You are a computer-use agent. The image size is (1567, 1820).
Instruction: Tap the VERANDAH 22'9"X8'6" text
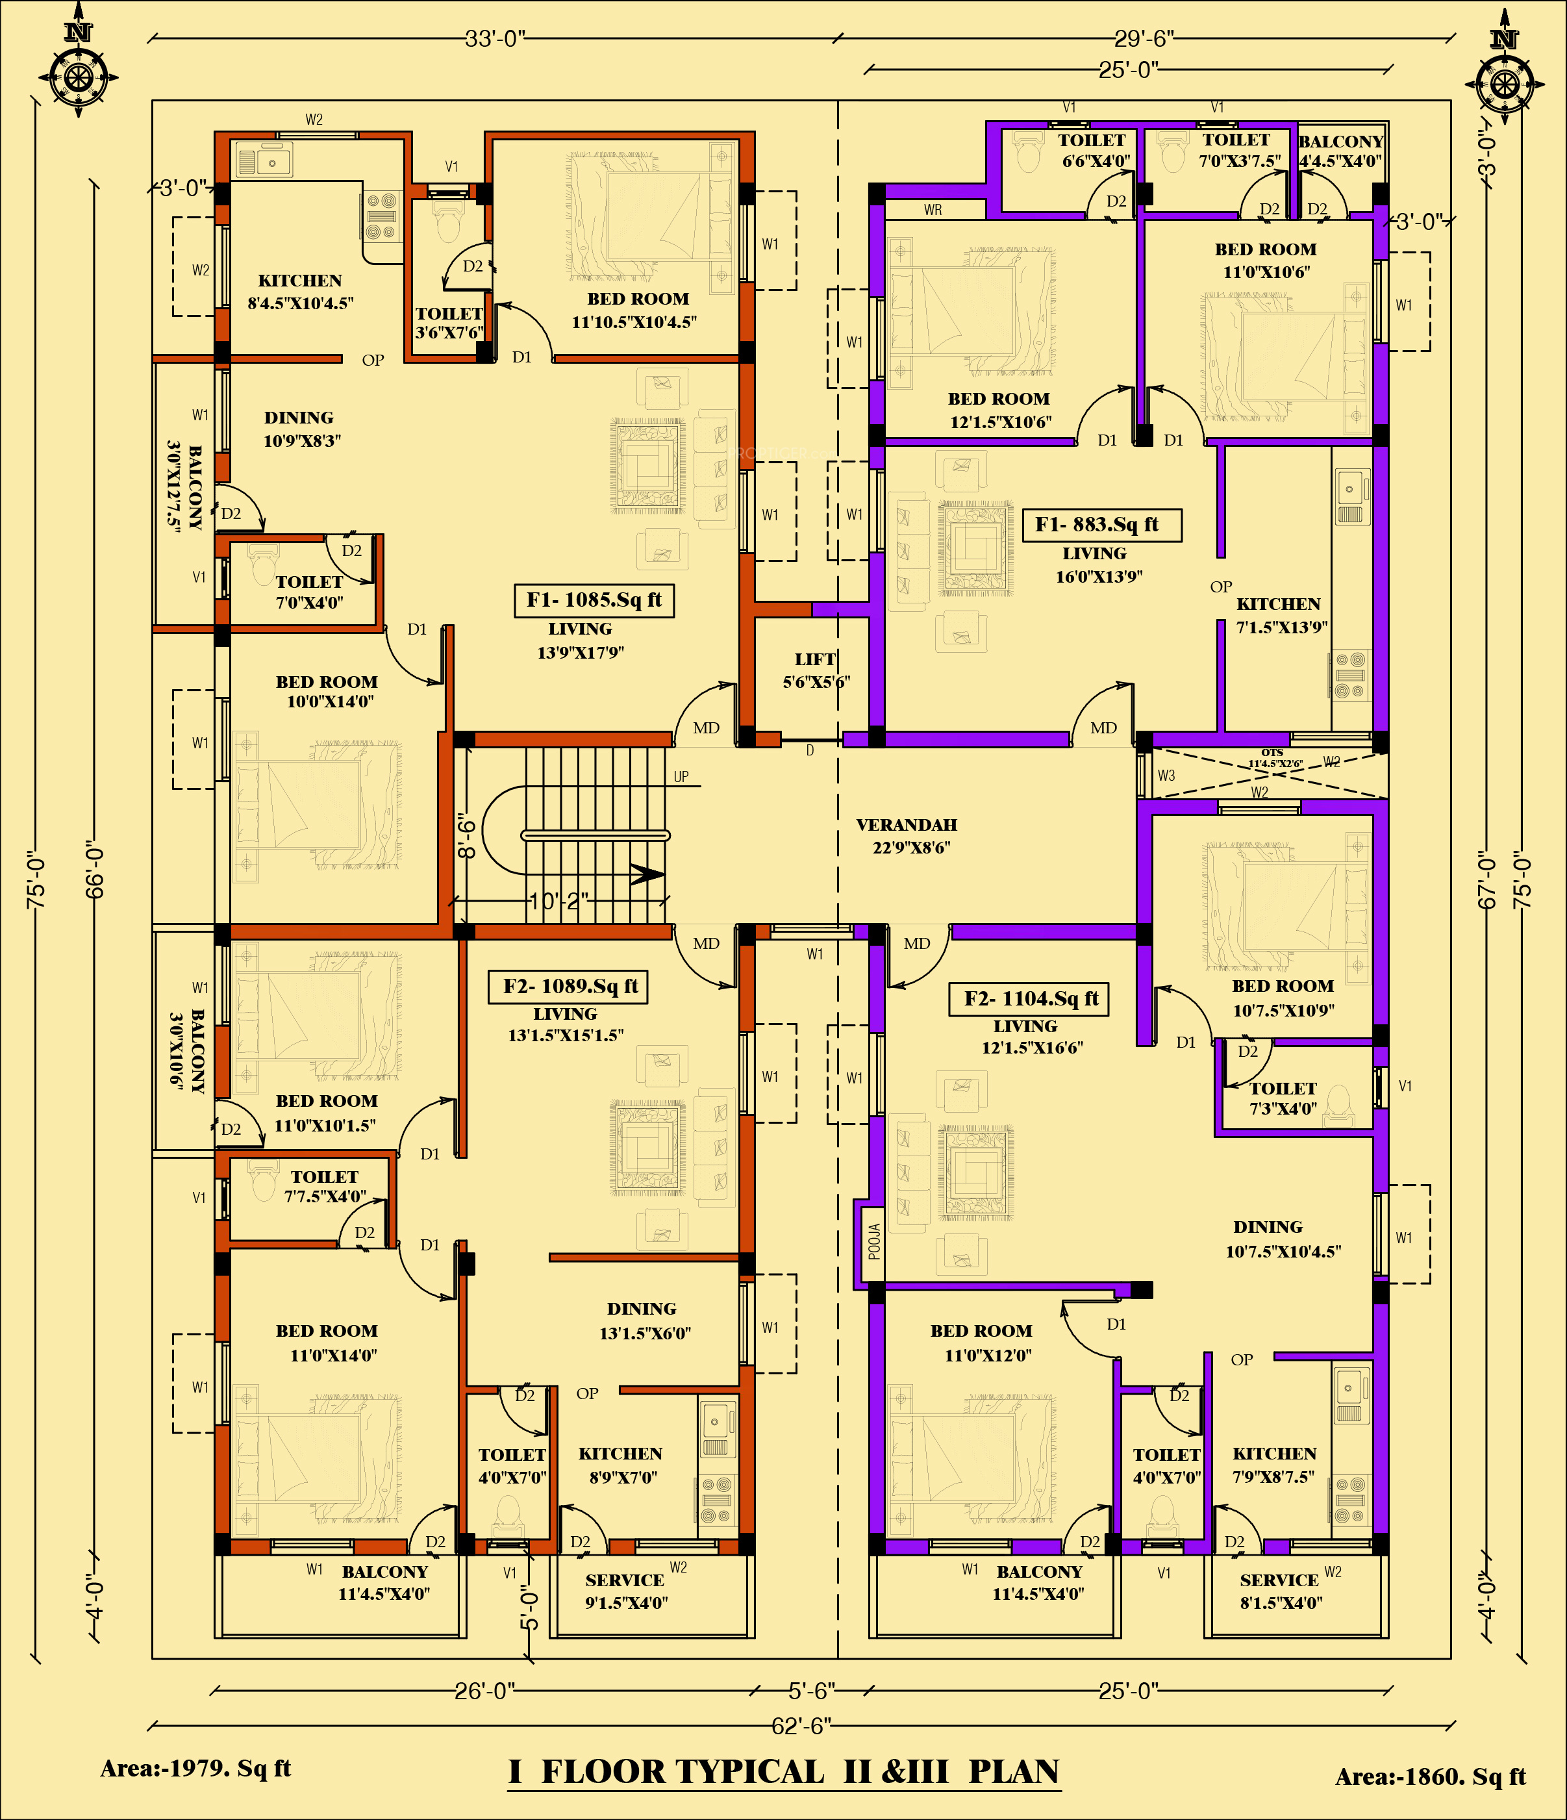[x=907, y=835]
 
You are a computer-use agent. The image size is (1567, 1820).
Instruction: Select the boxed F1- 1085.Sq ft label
[x=594, y=600]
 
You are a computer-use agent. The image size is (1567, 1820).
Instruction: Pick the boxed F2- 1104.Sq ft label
[x=1029, y=999]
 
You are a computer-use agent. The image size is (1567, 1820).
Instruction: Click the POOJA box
[x=873, y=1241]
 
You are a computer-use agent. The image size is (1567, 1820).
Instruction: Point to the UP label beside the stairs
[x=682, y=776]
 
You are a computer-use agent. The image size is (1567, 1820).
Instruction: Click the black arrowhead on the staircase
[x=648, y=874]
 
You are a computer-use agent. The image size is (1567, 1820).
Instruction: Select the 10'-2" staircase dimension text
[x=558, y=901]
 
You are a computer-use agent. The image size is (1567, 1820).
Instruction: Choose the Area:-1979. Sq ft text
[x=195, y=1768]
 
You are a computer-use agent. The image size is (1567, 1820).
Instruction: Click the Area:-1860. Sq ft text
[x=1430, y=1777]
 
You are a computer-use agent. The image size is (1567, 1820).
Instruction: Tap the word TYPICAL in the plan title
[x=683, y=1772]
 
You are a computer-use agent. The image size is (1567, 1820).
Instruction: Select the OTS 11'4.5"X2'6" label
[x=1275, y=758]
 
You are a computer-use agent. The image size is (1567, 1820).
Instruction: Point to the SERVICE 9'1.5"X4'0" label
[x=625, y=1591]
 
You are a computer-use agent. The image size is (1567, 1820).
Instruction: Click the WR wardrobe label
[x=933, y=210]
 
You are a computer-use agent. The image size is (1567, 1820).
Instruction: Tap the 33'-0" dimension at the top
[x=495, y=38]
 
